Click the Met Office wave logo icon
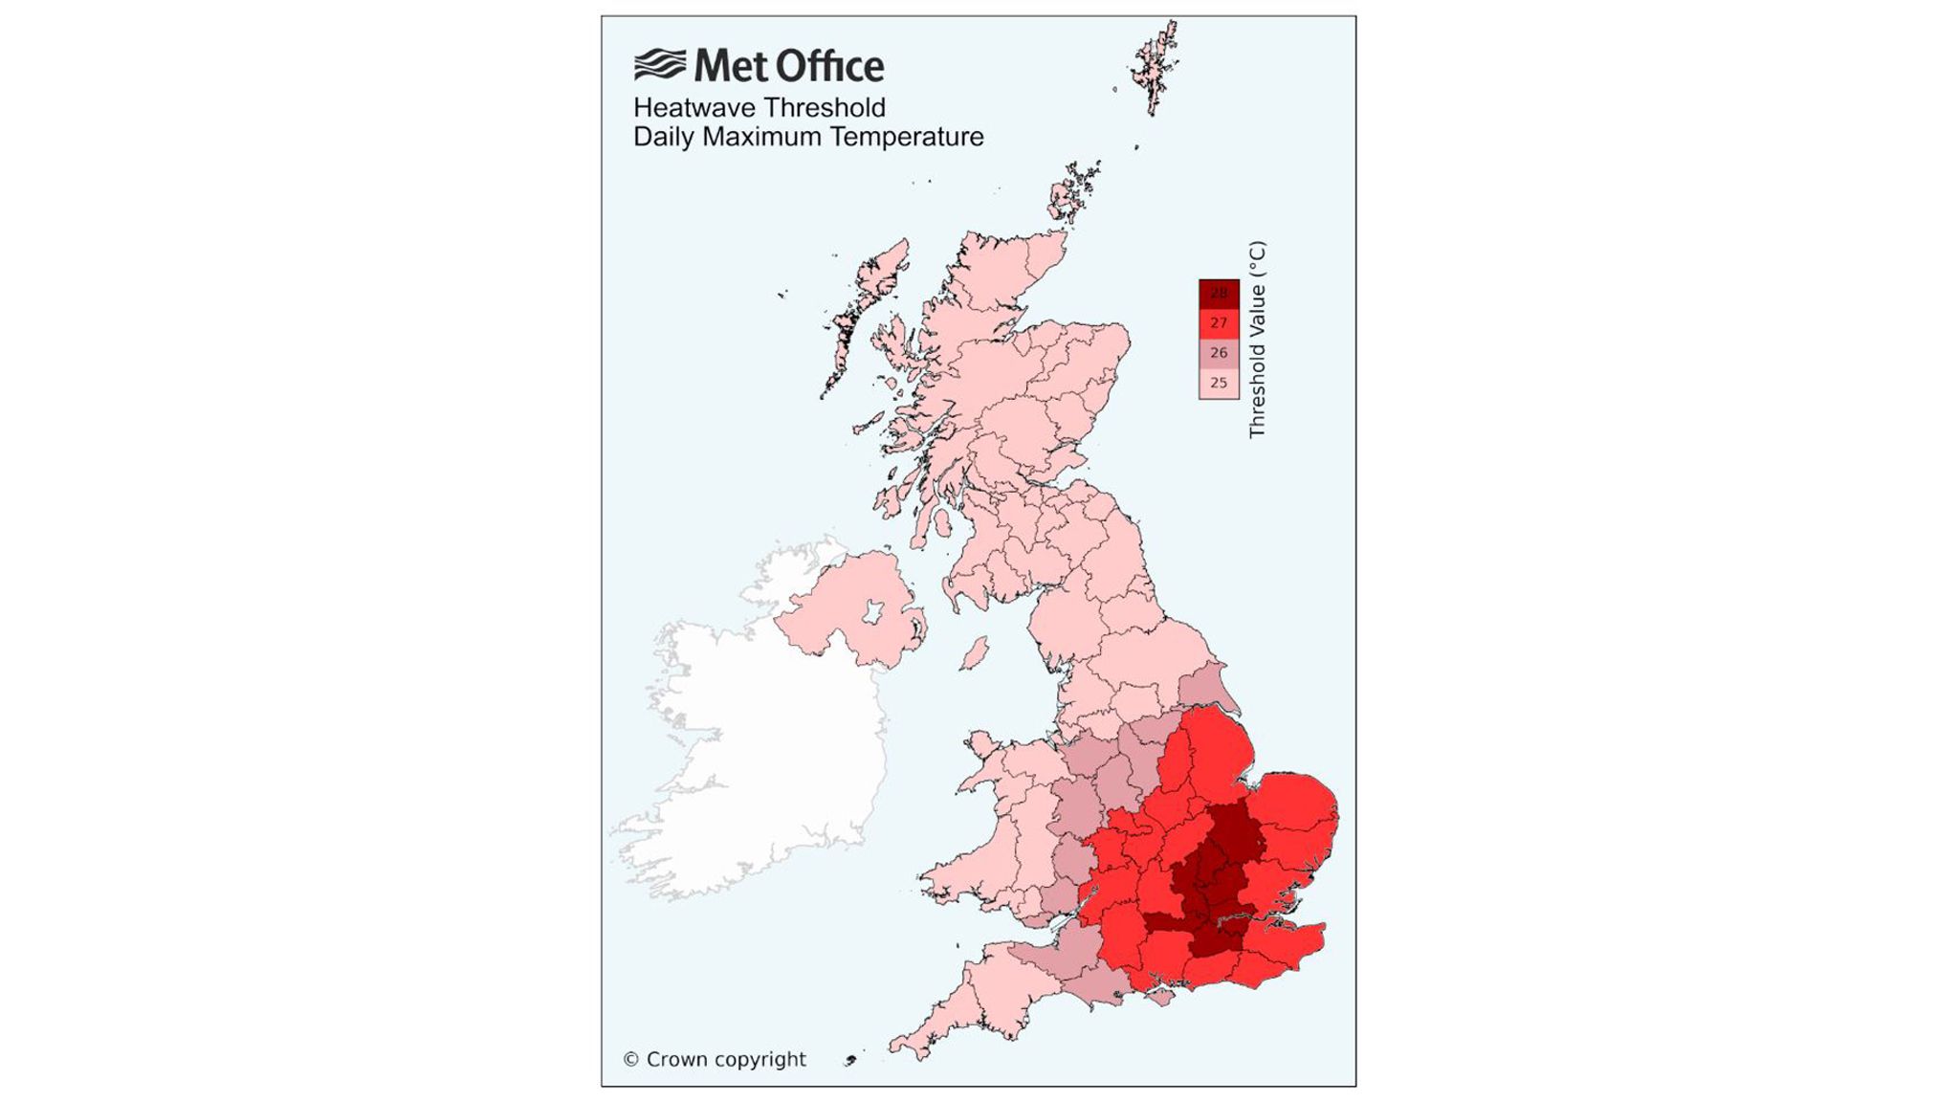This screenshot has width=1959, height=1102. click(660, 65)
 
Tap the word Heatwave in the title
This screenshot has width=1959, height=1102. click(693, 107)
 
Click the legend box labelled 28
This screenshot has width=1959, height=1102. click(1219, 294)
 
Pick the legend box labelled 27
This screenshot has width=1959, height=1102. click(1219, 323)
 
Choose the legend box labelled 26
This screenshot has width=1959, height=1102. click(1219, 353)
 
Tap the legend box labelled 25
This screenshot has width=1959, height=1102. click(1219, 383)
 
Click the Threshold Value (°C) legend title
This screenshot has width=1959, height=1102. click(1257, 340)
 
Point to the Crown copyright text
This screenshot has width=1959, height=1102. click(715, 1059)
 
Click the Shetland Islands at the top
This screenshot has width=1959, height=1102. click(1155, 67)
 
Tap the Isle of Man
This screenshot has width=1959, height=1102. click(974, 654)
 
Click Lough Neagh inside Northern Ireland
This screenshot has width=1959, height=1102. click(873, 611)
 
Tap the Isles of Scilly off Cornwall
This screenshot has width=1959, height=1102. click(849, 1060)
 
